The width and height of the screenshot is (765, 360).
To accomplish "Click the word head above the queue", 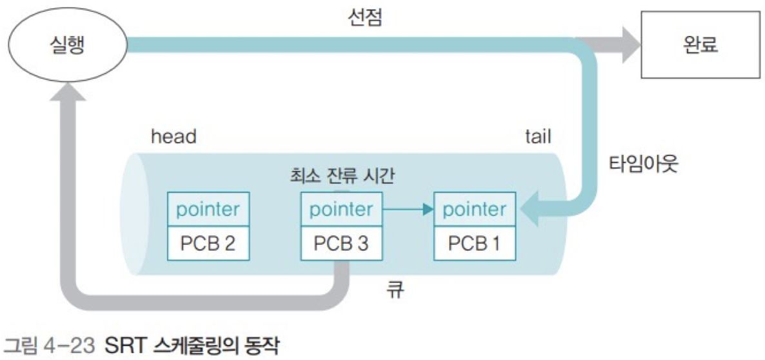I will (x=173, y=137).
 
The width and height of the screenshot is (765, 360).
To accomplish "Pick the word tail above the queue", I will (x=538, y=137).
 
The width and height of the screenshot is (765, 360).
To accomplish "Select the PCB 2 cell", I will (x=208, y=244).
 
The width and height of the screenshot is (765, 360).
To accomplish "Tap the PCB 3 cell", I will (x=341, y=244).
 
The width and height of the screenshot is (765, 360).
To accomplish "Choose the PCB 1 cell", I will (x=475, y=244).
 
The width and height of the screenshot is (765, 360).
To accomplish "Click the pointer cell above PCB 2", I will (x=208, y=210).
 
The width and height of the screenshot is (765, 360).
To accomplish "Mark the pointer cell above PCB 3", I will (x=341, y=210).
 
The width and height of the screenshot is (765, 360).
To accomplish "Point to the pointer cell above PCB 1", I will (x=475, y=210).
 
